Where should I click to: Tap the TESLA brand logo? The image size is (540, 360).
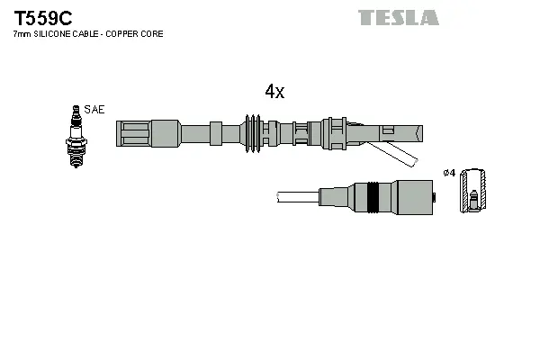398,17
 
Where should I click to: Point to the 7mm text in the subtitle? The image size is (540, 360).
20,33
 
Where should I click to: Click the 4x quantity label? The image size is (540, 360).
274,92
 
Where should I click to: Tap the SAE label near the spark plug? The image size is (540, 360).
94,109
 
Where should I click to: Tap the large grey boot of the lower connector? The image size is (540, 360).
410,196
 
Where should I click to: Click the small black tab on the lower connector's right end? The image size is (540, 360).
434,196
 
